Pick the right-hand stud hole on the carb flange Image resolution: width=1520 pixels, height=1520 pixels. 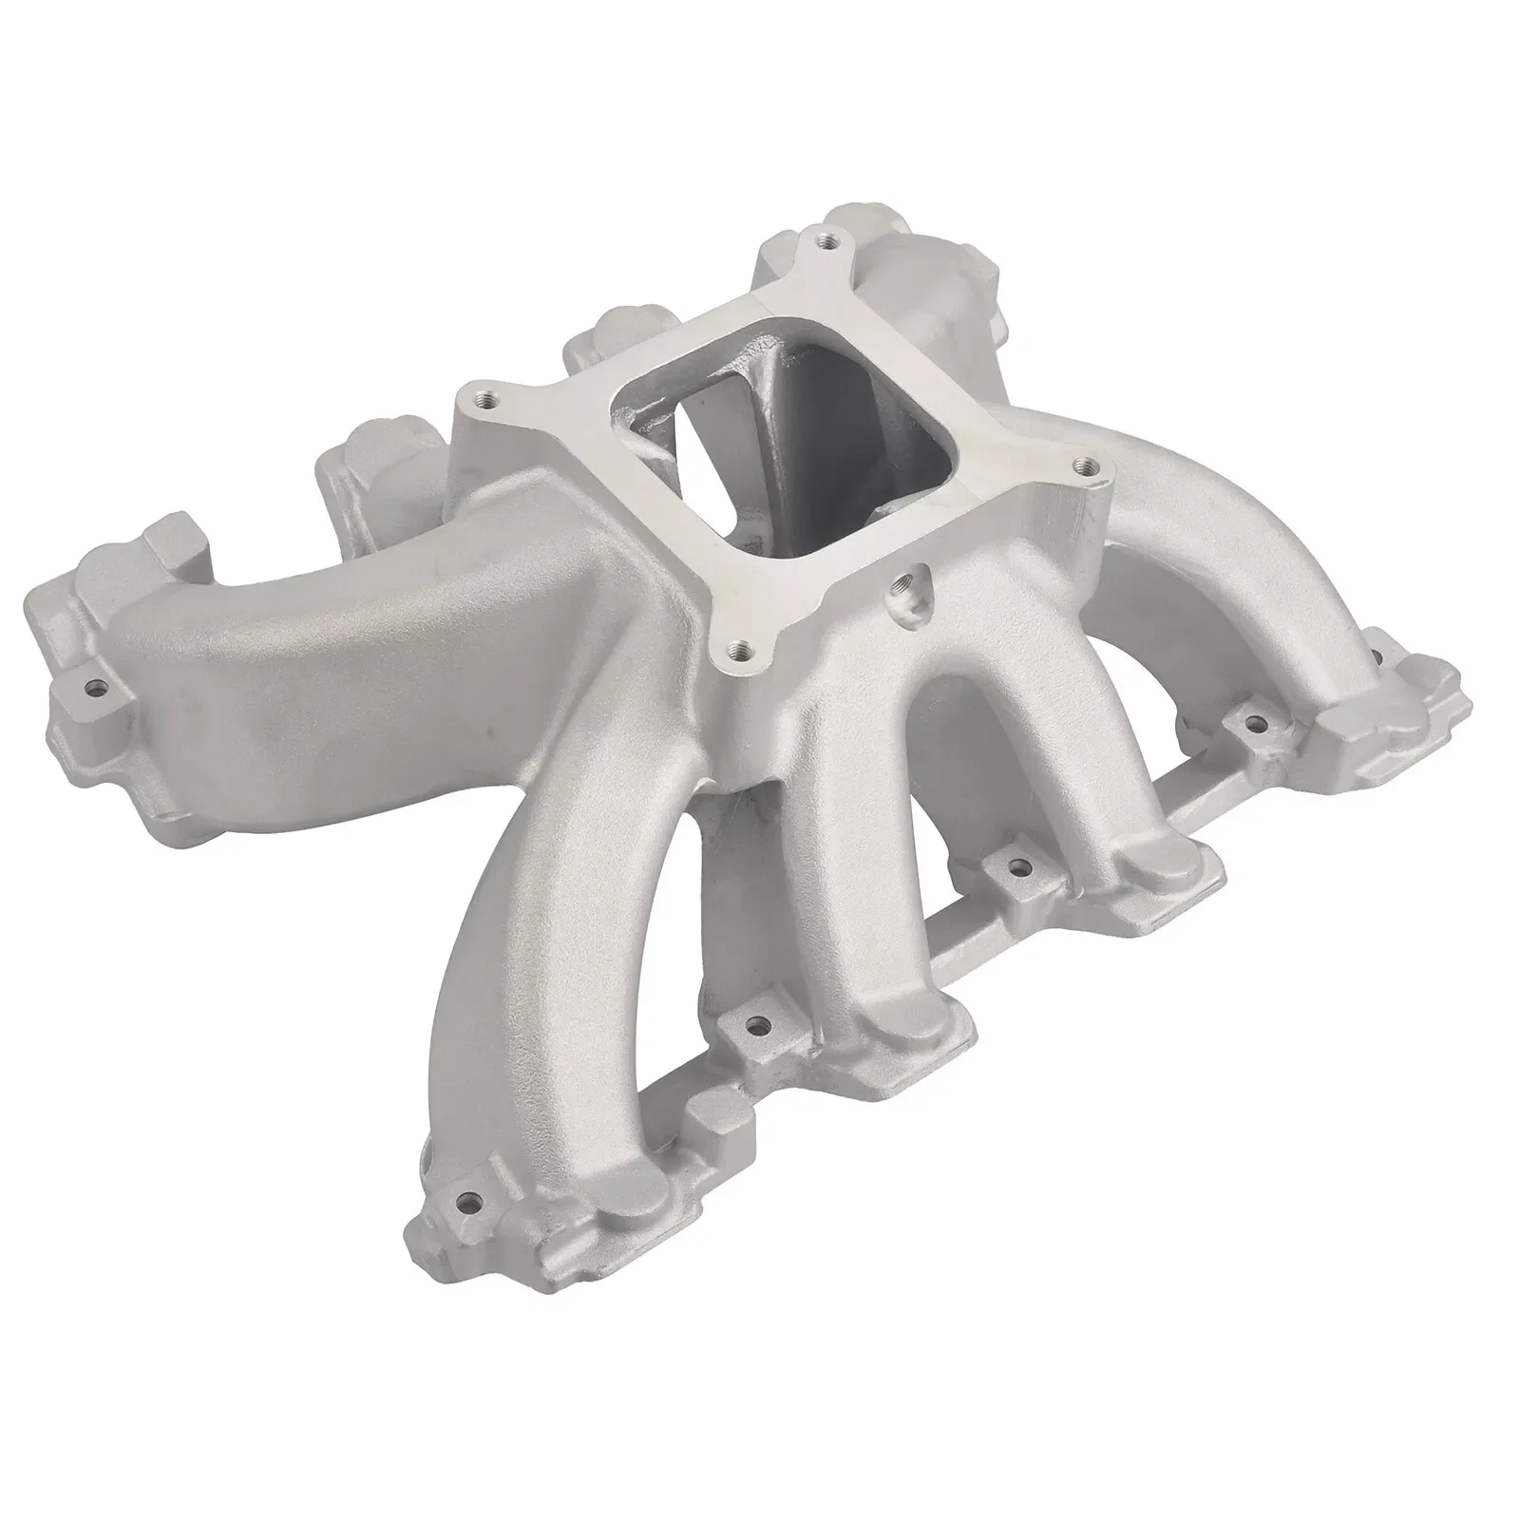pos(1080,466)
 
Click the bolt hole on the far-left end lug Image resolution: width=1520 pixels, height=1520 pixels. pos(94,683)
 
